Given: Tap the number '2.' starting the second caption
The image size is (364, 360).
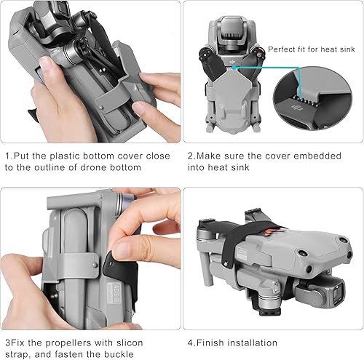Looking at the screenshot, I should pyautogui.click(x=191, y=156).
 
